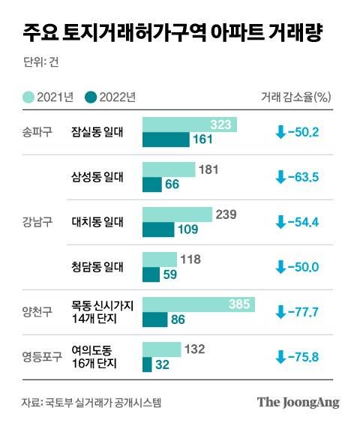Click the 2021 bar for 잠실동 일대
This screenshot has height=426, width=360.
[x=189, y=124]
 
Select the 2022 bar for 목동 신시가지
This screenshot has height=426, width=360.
[x=154, y=319]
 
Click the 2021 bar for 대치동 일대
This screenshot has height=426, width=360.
[x=177, y=214]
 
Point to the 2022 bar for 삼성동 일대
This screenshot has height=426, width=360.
[x=152, y=184]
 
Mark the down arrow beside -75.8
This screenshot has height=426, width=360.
[x=281, y=356]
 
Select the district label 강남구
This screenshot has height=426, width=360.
[x=37, y=221]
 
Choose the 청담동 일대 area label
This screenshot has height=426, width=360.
[x=97, y=266]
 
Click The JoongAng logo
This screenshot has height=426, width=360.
[x=298, y=402]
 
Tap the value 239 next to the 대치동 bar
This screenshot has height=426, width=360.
[x=226, y=214]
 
